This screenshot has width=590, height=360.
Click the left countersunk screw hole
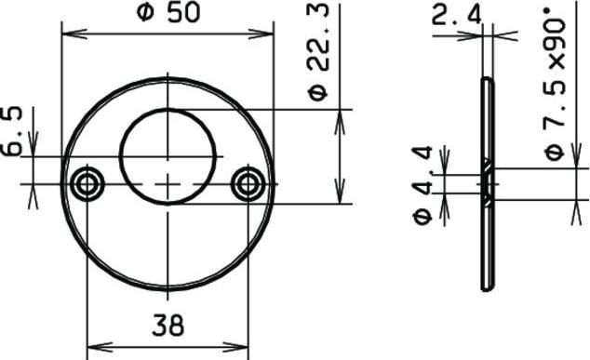tap(87, 183)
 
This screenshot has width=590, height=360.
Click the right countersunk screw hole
tap(248, 183)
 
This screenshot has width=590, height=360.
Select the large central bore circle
tap(168, 154)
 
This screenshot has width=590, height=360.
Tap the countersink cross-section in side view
tap(486, 183)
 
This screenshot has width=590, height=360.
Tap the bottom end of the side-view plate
tap(486, 286)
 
